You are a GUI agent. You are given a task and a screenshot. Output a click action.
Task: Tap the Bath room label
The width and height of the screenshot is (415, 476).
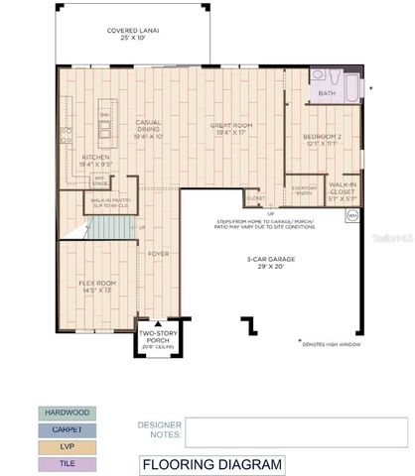(x=327, y=94)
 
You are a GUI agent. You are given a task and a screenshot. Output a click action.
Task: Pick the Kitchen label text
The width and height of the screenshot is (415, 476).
(x=96, y=159)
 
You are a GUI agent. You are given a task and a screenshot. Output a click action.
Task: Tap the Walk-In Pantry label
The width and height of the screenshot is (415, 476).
(x=111, y=201)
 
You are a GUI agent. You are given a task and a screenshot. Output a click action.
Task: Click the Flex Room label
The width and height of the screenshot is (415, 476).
(x=97, y=287)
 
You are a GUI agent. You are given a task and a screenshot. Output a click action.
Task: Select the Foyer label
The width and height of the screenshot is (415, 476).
(x=159, y=254)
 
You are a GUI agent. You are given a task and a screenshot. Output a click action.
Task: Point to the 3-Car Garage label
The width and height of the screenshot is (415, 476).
(x=265, y=263)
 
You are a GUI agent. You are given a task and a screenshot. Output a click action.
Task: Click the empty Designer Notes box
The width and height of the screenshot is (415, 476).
(x=297, y=432)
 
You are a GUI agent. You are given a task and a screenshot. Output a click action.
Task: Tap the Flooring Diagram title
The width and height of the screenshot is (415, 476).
(x=211, y=464)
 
